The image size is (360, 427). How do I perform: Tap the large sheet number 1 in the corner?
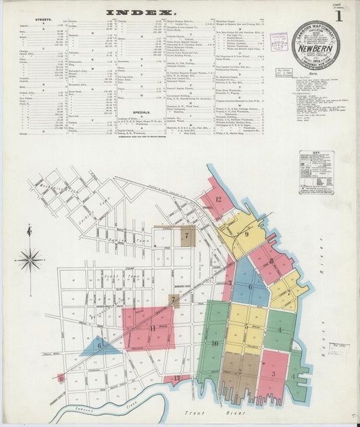pos(338,14)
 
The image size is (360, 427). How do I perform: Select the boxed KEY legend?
pos(316,172)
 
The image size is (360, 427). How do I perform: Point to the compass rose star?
pos(30,259)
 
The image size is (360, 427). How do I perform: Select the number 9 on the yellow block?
pos(247,234)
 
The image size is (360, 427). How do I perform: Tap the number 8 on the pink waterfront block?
pos(272,261)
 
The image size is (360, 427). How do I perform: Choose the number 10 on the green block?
pos(214,343)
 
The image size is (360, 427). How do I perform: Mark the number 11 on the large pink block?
pos(153,328)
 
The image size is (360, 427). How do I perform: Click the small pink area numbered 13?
pos(177,378)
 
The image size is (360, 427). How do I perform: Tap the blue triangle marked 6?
pos(99,345)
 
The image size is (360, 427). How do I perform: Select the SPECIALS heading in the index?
pos(122,112)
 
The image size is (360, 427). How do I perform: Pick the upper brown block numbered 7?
pos(185,236)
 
